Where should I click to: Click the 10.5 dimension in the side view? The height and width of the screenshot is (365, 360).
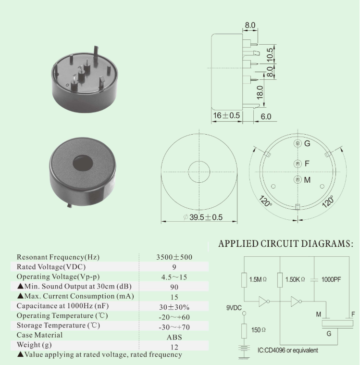click(x=270, y=55)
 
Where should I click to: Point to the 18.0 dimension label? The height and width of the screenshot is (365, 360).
click(x=260, y=92)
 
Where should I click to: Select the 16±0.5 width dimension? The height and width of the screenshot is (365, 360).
click(x=226, y=115)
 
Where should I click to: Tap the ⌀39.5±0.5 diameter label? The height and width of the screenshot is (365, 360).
click(x=203, y=217)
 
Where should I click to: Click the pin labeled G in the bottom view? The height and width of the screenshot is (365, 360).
click(x=298, y=143)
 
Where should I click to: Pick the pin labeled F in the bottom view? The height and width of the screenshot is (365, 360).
click(x=298, y=164)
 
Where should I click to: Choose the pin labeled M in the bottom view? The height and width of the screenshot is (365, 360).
click(x=298, y=179)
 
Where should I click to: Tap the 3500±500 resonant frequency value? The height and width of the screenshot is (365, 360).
click(x=174, y=257)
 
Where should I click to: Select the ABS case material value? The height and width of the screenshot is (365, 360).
click(x=174, y=337)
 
